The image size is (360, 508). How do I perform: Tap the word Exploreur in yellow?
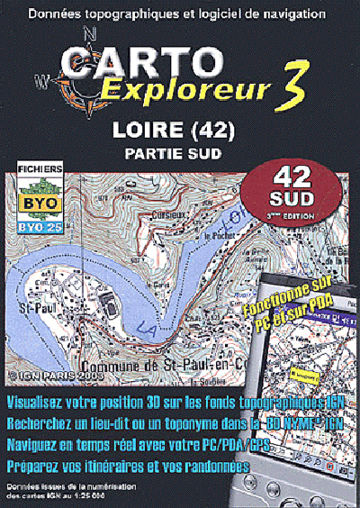click(x=179, y=91)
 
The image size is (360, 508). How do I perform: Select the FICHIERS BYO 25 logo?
click(x=36, y=199)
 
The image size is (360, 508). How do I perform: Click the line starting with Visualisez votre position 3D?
click(x=180, y=400)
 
